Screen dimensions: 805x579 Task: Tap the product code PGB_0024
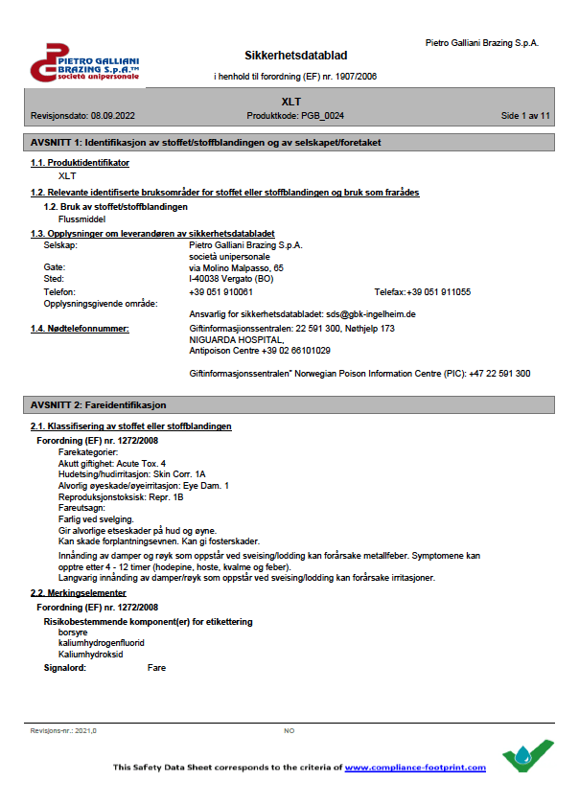point(322,115)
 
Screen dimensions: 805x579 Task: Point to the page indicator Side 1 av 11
point(524,115)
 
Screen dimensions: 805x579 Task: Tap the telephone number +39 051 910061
point(221,291)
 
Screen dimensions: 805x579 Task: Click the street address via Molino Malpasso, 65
point(237,268)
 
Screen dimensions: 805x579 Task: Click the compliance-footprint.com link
point(415,768)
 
